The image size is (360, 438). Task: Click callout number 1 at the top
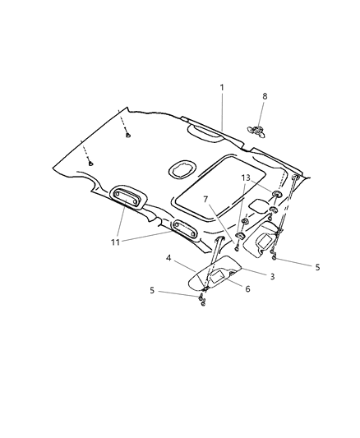tap(221, 86)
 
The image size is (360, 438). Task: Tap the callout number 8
tap(263, 95)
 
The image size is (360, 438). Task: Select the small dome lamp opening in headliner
tap(180, 169)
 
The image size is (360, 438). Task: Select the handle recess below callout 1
tap(203, 129)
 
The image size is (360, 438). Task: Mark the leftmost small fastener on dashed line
tap(90, 164)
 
